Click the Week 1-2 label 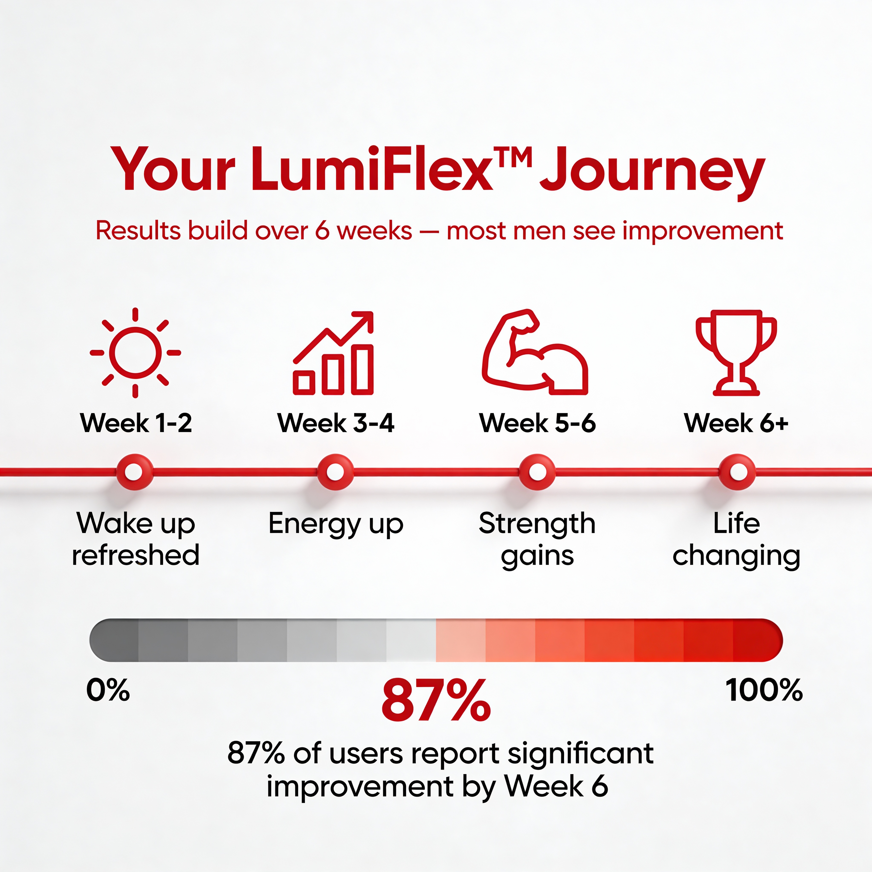point(136,423)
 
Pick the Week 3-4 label point(336,423)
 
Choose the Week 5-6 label point(537,423)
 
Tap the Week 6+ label point(736,423)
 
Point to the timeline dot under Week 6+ point(737,472)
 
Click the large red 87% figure point(436,700)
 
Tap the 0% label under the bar point(108,690)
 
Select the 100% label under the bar point(764,690)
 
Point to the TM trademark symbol point(511,156)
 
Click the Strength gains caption point(537,539)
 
